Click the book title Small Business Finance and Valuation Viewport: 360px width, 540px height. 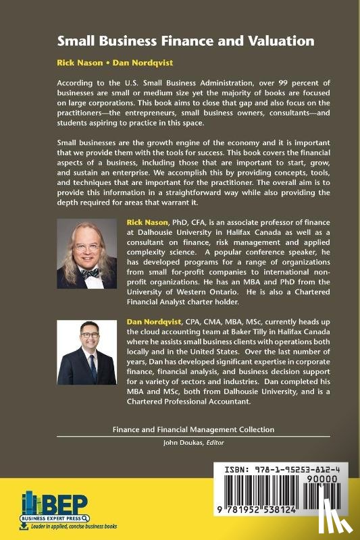pyautogui.click(x=186, y=41)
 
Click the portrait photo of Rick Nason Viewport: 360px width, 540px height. pyautogui.click(x=87, y=254)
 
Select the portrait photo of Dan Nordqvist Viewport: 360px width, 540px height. pyautogui.click(x=87, y=352)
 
